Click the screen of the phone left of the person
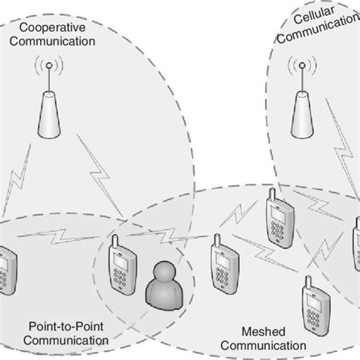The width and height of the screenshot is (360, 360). coord(120,259)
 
